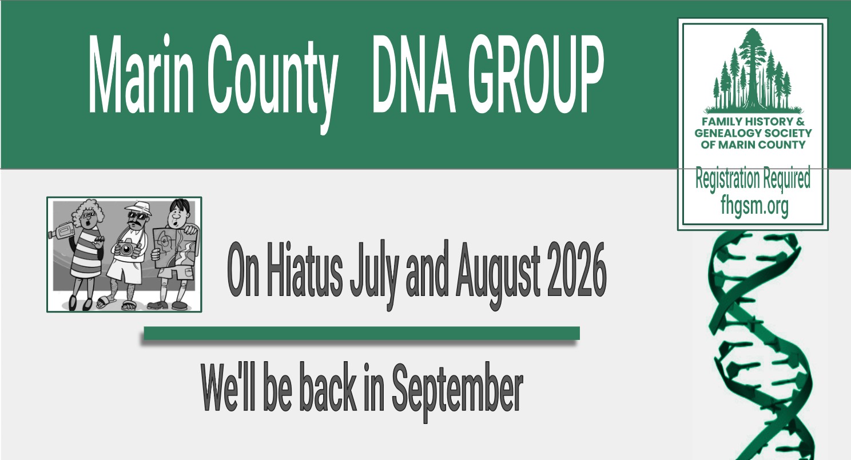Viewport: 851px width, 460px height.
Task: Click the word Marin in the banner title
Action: (x=141, y=74)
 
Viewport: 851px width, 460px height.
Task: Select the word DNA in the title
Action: (x=413, y=74)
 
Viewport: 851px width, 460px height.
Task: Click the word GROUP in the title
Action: (x=536, y=74)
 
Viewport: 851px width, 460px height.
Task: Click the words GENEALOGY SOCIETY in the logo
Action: (x=753, y=133)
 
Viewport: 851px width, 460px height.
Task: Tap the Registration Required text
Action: (x=753, y=178)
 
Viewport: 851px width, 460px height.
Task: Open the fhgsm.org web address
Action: (x=754, y=207)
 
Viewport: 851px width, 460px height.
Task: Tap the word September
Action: (x=457, y=391)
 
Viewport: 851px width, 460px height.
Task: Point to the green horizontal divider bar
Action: (x=361, y=333)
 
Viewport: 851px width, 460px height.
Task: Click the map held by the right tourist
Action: (x=176, y=247)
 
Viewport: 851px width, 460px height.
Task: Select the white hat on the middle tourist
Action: (x=138, y=208)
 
